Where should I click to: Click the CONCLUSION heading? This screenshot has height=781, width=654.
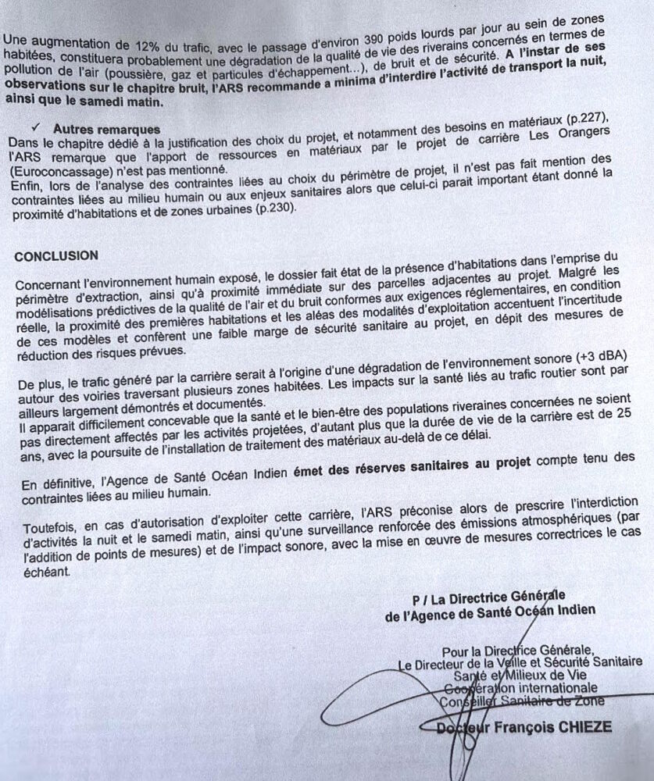point(56,255)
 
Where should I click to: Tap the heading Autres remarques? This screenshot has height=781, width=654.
point(106,128)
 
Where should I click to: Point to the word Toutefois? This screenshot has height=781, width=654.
point(51,515)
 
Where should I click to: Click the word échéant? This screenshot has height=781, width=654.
point(46,572)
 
